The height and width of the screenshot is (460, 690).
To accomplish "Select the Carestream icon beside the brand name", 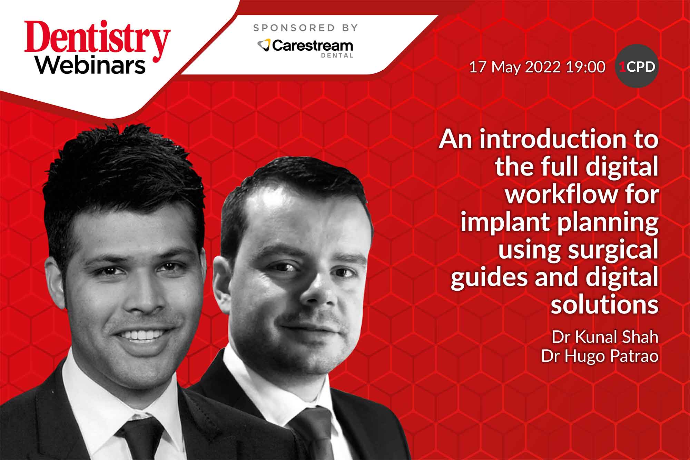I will tap(264, 45).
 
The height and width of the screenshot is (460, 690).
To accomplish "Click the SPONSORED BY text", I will tap(305, 28).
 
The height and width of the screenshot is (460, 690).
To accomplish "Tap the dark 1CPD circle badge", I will tap(637, 66).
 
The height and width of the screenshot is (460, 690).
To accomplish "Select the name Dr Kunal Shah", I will tap(604, 337).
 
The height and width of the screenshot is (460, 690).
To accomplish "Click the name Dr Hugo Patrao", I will tap(600, 356).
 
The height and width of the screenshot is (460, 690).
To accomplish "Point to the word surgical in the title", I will tap(612, 250).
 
